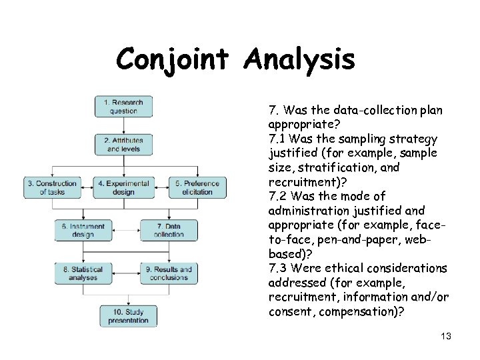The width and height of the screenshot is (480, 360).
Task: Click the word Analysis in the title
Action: pyautogui.click(x=299, y=60)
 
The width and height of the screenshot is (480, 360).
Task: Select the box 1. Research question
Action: pyautogui.click(x=123, y=107)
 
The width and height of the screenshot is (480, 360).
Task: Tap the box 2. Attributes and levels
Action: pyautogui.click(x=123, y=145)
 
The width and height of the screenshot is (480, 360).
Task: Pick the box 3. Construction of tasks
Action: pyautogui.click(x=51, y=187)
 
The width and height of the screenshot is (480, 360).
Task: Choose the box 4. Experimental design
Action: pyautogui.click(x=123, y=187)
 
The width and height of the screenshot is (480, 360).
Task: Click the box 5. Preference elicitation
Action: pyautogui.click(x=197, y=187)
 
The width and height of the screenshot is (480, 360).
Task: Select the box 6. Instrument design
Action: pyautogui.click(x=83, y=230)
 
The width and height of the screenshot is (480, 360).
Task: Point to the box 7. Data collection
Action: pyautogui.click(x=169, y=230)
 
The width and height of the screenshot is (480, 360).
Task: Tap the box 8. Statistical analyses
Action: pyautogui.click(x=83, y=273)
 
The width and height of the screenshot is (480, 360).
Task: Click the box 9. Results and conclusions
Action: pyautogui.click(x=169, y=273)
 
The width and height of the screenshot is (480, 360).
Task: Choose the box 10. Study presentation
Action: pyautogui.click(x=128, y=315)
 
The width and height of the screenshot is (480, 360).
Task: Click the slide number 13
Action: pyautogui.click(x=446, y=336)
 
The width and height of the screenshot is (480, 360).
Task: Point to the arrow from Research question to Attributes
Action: pyautogui.click(x=123, y=125)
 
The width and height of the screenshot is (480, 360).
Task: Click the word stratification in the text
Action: pyautogui.click(x=333, y=168)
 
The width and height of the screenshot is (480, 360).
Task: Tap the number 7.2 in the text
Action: pyautogui.click(x=277, y=197)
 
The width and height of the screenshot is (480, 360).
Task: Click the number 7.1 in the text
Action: pyautogui.click(x=277, y=139)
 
